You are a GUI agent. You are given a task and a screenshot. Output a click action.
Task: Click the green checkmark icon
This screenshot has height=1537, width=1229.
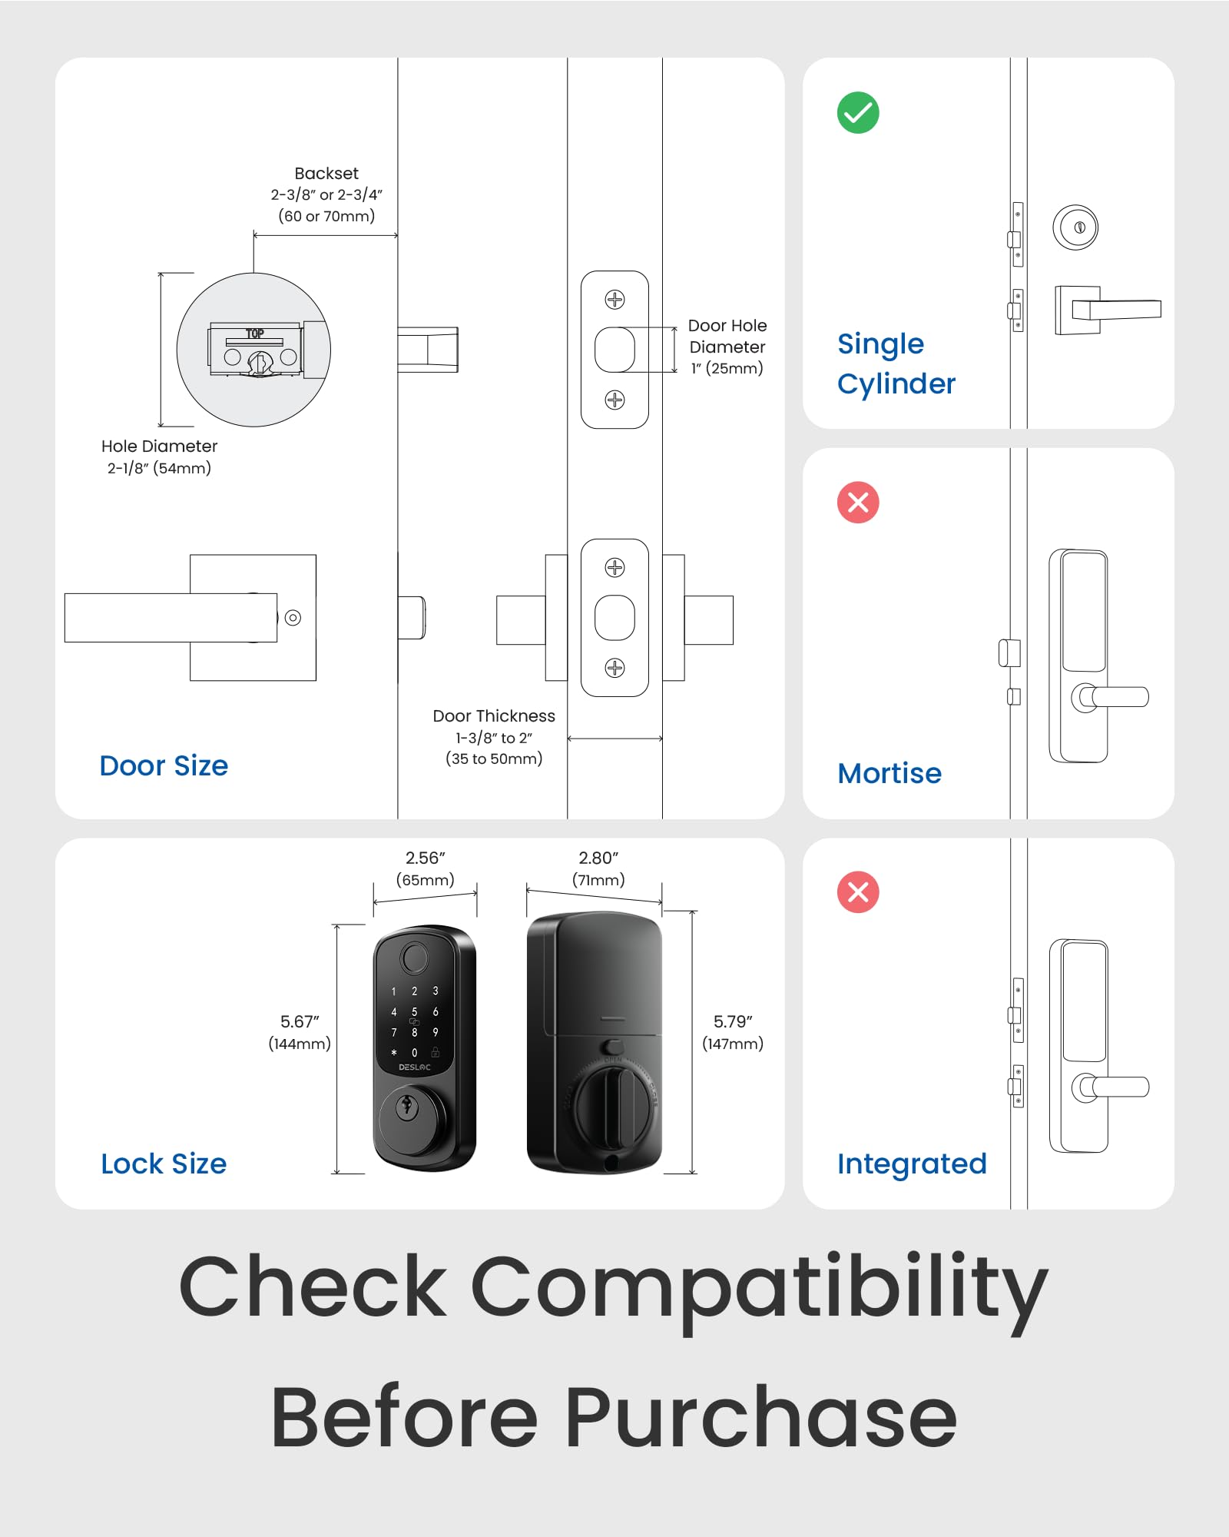(858, 113)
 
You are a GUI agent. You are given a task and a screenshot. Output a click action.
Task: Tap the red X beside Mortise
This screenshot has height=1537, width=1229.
(858, 503)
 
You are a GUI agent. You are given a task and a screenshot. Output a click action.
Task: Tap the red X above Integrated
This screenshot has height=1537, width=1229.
(858, 892)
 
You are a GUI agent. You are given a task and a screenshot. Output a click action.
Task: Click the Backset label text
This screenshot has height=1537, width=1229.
(326, 174)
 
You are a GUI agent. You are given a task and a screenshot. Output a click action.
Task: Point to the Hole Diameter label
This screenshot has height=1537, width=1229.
(159, 446)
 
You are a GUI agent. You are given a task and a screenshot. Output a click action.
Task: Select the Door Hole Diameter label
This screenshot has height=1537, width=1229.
(727, 337)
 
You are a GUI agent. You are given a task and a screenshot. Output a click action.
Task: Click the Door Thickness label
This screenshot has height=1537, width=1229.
(494, 716)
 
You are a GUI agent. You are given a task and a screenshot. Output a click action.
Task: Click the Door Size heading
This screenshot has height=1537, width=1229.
(164, 766)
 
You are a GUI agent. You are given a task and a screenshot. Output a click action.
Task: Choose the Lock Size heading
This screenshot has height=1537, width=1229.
(164, 1164)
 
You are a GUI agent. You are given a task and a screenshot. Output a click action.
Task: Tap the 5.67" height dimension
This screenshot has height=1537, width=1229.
(300, 1022)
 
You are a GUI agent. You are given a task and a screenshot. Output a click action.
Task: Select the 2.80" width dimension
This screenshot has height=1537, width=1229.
(598, 858)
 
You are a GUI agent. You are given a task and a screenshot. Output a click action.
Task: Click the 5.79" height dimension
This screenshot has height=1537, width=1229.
(733, 1022)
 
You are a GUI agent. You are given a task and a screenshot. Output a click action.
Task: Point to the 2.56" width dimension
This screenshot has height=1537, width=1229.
(425, 858)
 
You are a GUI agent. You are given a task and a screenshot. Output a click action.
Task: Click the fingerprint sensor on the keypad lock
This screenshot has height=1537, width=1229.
(414, 958)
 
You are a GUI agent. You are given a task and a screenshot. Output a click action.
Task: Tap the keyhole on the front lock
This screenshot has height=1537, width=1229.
(406, 1108)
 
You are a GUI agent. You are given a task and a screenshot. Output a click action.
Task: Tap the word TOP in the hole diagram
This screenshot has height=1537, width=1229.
(255, 334)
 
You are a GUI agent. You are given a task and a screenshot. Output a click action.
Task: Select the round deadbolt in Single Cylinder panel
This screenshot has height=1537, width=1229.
(1075, 227)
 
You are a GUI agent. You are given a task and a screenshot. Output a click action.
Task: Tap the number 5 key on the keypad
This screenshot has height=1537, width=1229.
(414, 1012)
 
